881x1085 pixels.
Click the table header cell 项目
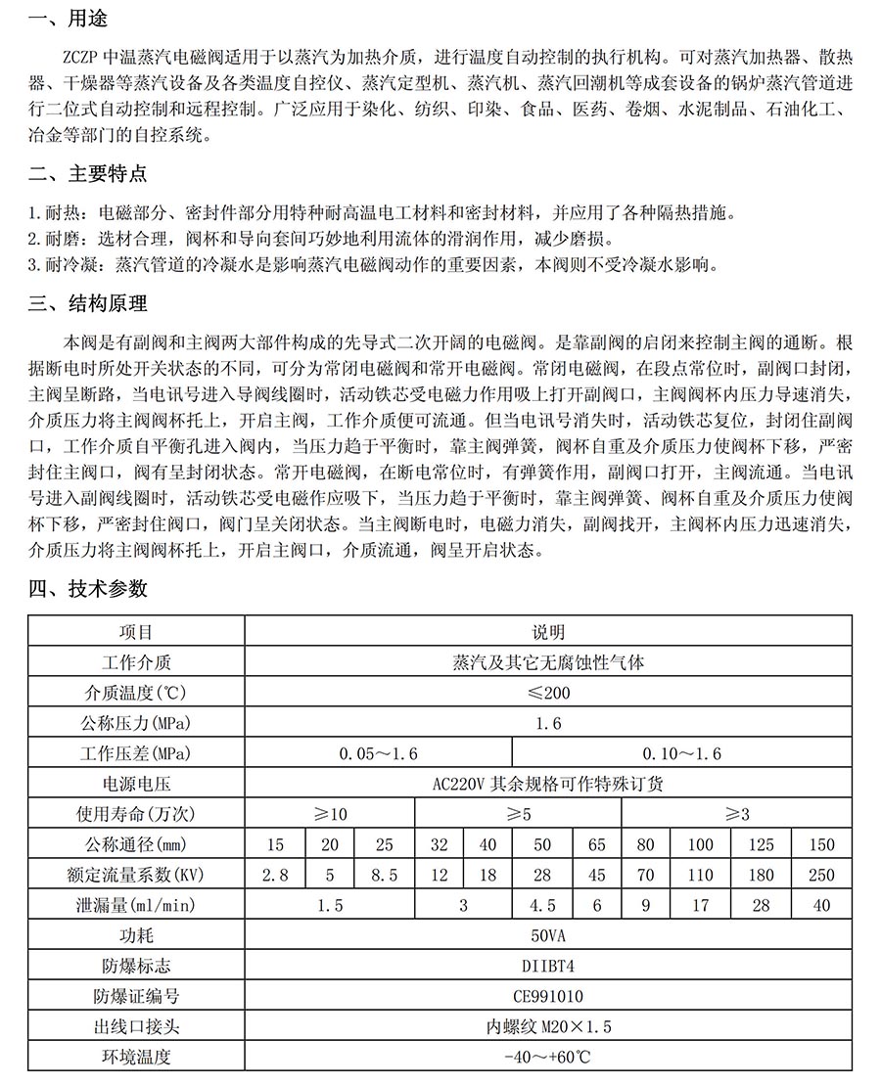pyautogui.click(x=136, y=633)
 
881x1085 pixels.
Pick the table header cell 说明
pyautogui.click(x=548, y=633)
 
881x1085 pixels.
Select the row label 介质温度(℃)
pyautogui.click(x=136, y=694)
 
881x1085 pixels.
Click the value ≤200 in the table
pyautogui.click(x=548, y=694)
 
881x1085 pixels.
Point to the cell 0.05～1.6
pyautogui.click(x=378, y=754)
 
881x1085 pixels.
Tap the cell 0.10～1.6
pyautogui.click(x=681, y=754)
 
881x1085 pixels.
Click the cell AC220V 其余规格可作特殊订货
pyautogui.click(x=548, y=785)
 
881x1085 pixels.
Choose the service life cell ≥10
pyautogui.click(x=330, y=815)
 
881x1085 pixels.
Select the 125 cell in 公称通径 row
pyautogui.click(x=761, y=845)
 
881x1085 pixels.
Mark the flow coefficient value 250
pyautogui.click(x=822, y=876)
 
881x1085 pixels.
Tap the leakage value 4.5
pyautogui.click(x=542, y=906)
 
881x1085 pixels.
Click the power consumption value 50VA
pyautogui.click(x=548, y=936)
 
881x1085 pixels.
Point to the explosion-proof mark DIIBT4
pyautogui.click(x=548, y=967)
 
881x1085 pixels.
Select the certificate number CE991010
pyautogui.click(x=548, y=997)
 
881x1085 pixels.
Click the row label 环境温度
pyautogui.click(x=136, y=1058)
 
